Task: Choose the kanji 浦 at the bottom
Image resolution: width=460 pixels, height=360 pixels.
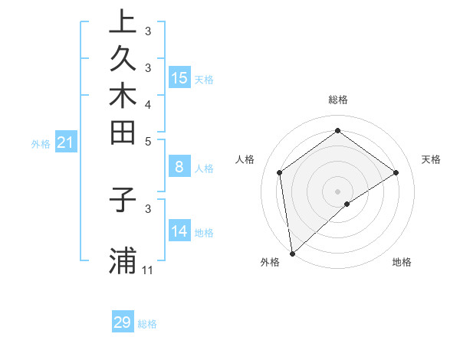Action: (x=123, y=261)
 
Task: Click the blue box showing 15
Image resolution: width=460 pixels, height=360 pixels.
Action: (x=179, y=77)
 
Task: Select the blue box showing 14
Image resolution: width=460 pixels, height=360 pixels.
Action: (x=179, y=231)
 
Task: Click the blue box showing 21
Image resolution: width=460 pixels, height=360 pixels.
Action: (x=66, y=142)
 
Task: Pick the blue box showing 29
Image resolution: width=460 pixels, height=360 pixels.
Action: (x=123, y=322)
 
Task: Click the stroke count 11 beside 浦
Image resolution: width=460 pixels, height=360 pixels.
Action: (x=148, y=270)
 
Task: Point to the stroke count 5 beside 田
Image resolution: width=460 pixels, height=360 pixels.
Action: (x=148, y=141)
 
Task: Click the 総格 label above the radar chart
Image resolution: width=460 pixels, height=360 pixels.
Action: (x=337, y=100)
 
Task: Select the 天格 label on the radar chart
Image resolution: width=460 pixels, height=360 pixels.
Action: (x=431, y=159)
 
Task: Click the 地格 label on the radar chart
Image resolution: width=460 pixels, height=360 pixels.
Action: (x=402, y=262)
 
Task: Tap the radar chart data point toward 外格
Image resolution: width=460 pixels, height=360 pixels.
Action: (x=292, y=253)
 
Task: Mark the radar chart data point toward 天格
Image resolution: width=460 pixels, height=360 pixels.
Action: (x=396, y=172)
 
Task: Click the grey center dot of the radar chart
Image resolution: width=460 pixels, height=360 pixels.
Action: (x=337, y=191)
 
